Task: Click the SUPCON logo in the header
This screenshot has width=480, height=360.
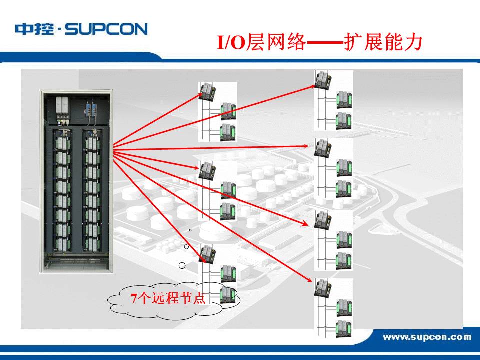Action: [x=81, y=29]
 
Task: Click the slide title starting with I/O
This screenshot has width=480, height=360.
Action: [x=320, y=43]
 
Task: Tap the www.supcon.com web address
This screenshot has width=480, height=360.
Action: [x=427, y=337]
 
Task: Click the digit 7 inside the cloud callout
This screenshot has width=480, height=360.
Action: [x=133, y=299]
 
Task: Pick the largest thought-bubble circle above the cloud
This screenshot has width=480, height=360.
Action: [x=182, y=265]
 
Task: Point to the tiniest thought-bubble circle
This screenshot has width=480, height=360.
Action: [x=190, y=230]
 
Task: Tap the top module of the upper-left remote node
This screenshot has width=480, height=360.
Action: [x=206, y=90]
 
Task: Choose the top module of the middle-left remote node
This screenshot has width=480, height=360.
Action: [x=206, y=170]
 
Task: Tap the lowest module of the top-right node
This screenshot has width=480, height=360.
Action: [x=343, y=120]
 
